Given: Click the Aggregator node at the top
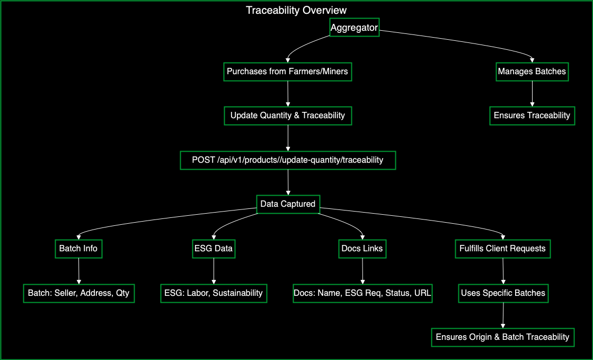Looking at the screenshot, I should [x=354, y=28].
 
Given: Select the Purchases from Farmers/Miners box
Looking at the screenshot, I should [x=288, y=72].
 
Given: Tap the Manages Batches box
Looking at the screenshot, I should [x=532, y=72].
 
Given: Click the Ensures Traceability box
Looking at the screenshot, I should [x=532, y=116].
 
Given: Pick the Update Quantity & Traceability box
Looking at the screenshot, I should [x=288, y=116].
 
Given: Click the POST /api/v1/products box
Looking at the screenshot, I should [x=288, y=160].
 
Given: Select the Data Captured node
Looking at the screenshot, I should [x=288, y=204].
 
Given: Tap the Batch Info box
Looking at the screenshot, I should [x=78, y=248].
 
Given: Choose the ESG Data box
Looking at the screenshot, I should [x=214, y=248].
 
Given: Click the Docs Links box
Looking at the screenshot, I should [x=362, y=248].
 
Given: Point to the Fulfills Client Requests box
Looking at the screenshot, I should [x=502, y=248].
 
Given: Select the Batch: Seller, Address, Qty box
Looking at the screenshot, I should [x=78, y=293].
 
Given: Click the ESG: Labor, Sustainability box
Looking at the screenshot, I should [x=214, y=293].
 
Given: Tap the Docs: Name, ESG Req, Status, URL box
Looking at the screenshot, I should [x=362, y=293].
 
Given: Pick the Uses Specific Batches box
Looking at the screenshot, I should [x=502, y=293].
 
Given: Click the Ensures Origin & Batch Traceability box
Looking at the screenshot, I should [x=502, y=337].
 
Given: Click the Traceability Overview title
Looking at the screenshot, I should [x=296, y=10].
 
